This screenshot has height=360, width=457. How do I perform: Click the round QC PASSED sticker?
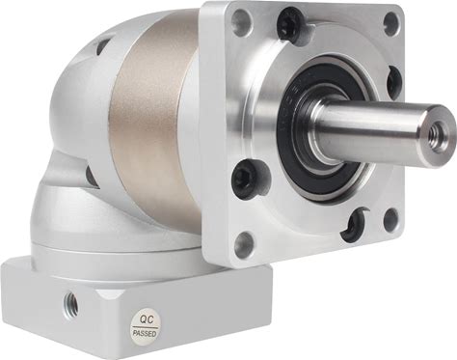[146, 326]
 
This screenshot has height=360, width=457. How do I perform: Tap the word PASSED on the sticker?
[145, 333]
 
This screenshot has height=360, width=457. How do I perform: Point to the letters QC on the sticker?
[147, 319]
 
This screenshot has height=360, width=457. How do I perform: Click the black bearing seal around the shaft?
[321, 128]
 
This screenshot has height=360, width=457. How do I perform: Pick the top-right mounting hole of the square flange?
[391, 24]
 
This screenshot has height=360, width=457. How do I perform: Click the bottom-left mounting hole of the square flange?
[244, 244]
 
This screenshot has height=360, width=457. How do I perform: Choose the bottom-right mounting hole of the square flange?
[391, 220]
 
